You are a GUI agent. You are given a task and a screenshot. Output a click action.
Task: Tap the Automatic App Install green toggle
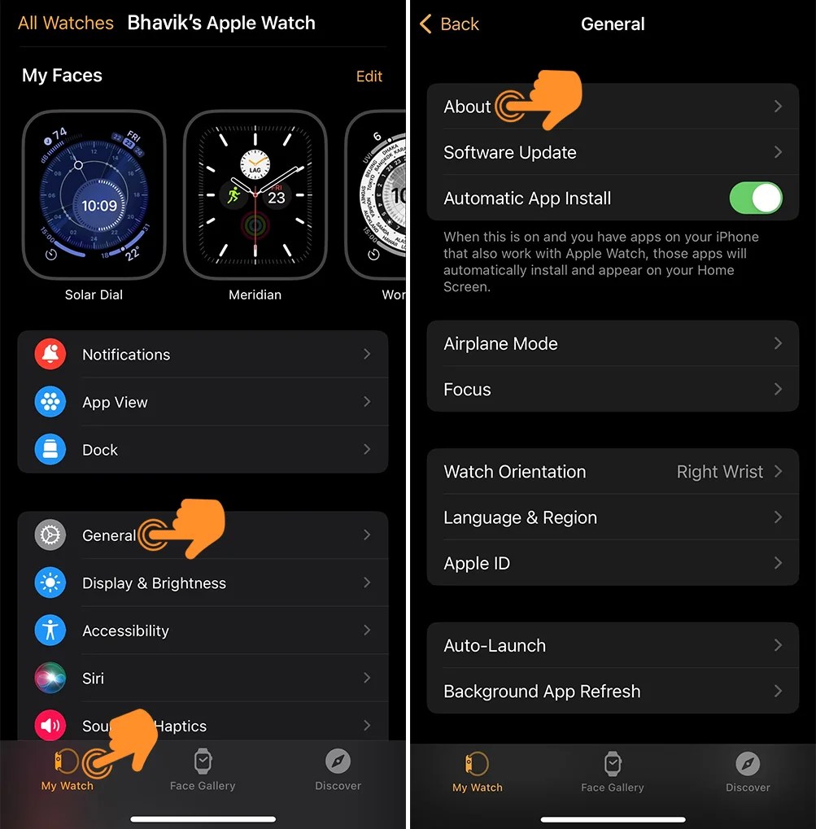click(756, 199)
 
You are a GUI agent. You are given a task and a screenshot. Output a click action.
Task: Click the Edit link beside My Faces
click(369, 76)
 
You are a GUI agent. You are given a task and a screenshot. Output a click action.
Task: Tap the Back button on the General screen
click(449, 24)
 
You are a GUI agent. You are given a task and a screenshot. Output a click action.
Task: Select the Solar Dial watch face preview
click(94, 194)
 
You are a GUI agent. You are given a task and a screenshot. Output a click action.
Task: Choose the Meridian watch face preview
click(255, 194)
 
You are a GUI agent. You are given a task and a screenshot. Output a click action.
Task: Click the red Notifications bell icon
click(50, 354)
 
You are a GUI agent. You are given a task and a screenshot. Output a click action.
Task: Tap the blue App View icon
click(50, 402)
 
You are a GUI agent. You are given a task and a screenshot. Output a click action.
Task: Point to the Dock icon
click(50, 449)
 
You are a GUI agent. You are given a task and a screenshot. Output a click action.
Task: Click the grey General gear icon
click(50, 535)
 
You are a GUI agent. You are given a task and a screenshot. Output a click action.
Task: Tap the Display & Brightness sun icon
click(50, 582)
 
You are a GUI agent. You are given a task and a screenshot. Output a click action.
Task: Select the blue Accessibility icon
click(50, 630)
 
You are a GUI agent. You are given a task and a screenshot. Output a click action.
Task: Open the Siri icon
click(50, 678)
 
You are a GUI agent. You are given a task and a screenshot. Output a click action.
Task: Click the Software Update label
click(509, 153)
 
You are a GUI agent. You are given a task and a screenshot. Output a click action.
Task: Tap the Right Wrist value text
click(719, 472)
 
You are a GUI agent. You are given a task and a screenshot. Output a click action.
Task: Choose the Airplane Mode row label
click(500, 344)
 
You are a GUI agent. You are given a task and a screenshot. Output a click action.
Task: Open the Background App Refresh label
click(542, 692)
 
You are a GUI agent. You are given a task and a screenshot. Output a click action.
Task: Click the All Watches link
click(66, 24)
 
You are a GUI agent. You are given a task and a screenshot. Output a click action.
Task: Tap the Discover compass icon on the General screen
click(747, 764)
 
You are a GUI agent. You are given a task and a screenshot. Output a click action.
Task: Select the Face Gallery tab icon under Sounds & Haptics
click(203, 762)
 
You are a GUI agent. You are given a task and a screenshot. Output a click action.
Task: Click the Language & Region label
click(520, 518)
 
